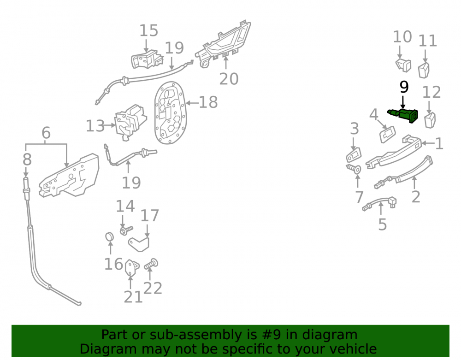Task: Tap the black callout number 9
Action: [404, 87]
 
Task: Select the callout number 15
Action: [148, 30]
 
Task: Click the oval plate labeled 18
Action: [170, 112]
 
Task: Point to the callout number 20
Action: [229, 79]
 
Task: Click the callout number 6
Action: [46, 133]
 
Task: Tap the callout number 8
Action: [27, 159]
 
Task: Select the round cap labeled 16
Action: [110, 236]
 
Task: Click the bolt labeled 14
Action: [126, 230]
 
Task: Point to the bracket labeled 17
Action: [139, 244]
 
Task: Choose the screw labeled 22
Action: [151, 264]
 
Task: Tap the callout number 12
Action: [431, 92]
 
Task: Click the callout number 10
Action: [402, 37]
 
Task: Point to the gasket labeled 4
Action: [388, 134]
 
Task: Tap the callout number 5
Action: [382, 224]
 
